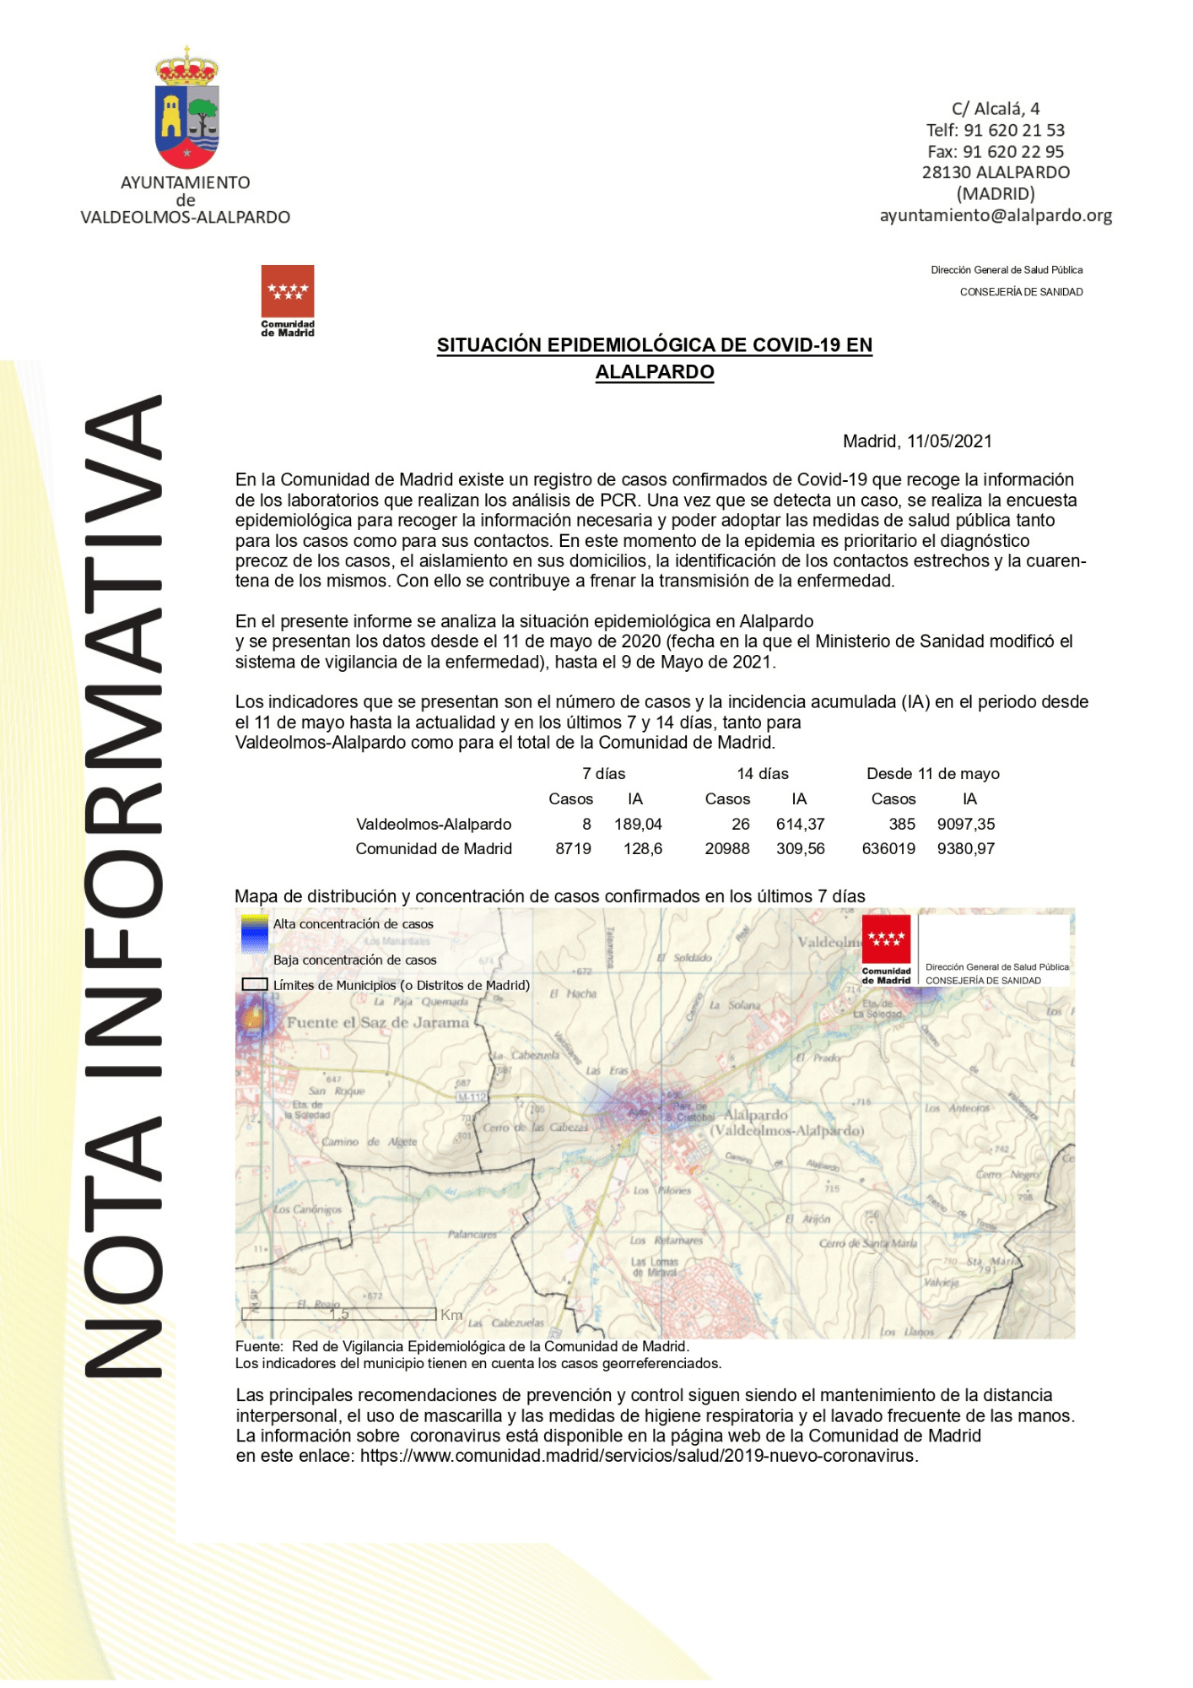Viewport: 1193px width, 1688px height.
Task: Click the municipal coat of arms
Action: tap(186, 109)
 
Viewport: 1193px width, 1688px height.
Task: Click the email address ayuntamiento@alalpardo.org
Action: tap(996, 215)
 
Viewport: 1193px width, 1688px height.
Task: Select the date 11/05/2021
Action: tap(949, 441)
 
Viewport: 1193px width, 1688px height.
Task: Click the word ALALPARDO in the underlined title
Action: tap(655, 372)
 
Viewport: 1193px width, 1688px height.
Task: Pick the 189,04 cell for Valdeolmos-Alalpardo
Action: tap(638, 824)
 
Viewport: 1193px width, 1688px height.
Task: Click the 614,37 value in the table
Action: tap(800, 824)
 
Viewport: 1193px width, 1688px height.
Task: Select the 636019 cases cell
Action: tap(888, 848)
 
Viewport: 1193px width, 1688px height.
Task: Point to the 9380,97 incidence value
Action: tap(965, 848)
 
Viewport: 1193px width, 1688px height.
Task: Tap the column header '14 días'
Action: tap(762, 774)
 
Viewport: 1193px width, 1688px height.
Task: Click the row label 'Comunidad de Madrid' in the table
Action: tap(434, 848)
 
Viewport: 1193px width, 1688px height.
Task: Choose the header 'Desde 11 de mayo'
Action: tap(932, 774)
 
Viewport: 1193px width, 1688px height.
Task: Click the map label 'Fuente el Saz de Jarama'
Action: tap(378, 1022)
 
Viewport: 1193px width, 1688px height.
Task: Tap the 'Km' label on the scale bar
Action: tap(451, 1315)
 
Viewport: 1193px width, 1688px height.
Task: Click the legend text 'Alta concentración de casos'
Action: tap(353, 924)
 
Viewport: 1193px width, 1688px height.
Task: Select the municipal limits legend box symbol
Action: tap(255, 984)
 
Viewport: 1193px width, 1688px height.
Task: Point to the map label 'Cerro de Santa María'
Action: tap(867, 1243)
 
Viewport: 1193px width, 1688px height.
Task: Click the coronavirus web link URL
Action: tap(638, 1456)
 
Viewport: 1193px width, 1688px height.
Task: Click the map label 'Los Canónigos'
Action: tap(307, 1209)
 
